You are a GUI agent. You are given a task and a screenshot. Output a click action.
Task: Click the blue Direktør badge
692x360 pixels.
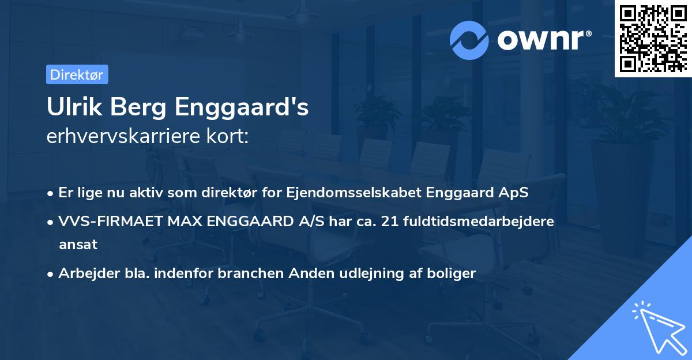click(x=77, y=74)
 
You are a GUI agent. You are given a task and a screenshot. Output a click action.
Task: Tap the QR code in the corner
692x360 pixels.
click(x=653, y=39)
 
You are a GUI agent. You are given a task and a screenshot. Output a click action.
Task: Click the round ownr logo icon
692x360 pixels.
click(x=469, y=40)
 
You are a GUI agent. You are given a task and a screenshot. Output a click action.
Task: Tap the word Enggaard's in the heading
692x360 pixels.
click(x=242, y=107)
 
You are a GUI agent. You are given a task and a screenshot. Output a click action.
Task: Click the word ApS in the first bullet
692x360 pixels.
click(x=513, y=193)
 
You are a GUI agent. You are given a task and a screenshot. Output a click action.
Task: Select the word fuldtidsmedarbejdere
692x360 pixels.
click(x=481, y=221)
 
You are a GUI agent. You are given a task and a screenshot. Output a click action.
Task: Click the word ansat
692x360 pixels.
click(x=78, y=244)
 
